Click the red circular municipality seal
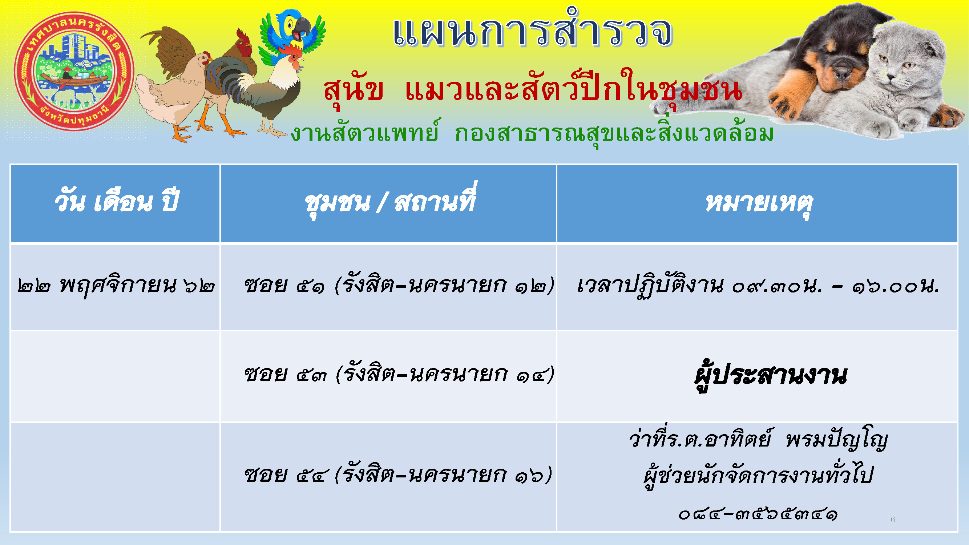click(x=74, y=72)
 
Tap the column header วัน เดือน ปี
click(x=116, y=202)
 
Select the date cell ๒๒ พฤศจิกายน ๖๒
click(x=116, y=286)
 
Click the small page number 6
click(x=893, y=520)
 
